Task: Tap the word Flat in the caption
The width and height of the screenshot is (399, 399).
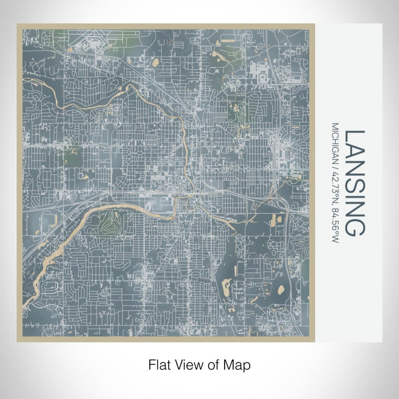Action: point(157,363)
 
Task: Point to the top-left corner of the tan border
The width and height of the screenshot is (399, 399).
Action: point(18,25)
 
